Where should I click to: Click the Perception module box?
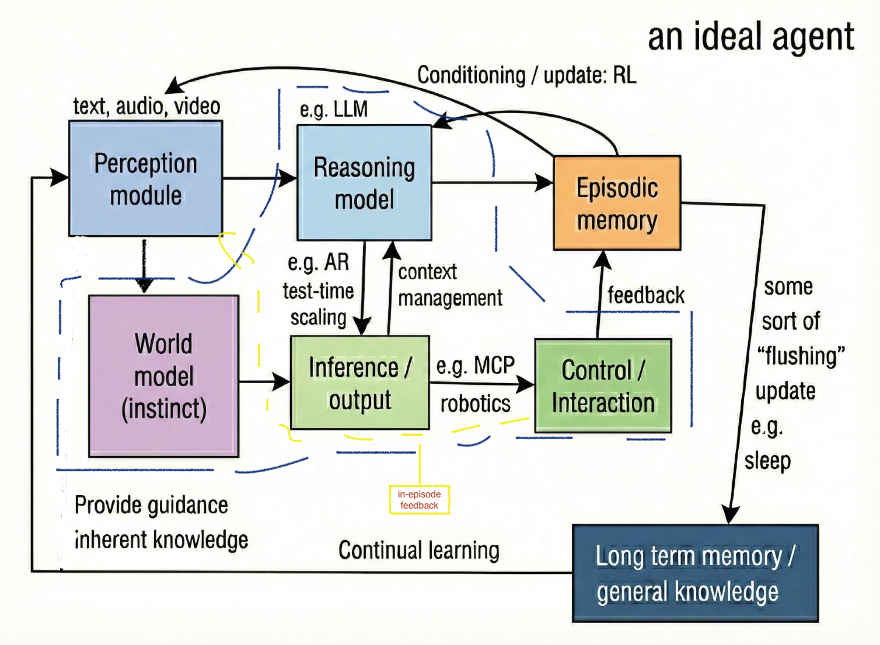click(145, 178)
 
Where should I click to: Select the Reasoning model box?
click(364, 183)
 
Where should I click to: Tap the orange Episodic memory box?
click(617, 203)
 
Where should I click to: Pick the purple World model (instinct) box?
click(163, 376)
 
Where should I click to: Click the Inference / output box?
click(359, 383)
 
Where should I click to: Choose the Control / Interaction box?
click(603, 386)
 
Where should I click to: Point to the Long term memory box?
click(694, 573)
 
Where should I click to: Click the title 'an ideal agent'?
click(750, 36)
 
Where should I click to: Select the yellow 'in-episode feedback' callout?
click(419, 500)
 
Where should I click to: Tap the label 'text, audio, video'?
click(146, 106)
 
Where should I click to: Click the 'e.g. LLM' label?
click(334, 109)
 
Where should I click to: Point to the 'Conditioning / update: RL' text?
click(526, 75)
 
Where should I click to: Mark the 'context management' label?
click(449, 285)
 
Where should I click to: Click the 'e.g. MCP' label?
click(475, 366)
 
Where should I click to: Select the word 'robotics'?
click(475, 404)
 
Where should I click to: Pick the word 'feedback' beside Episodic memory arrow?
click(645, 295)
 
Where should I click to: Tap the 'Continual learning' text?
click(418, 550)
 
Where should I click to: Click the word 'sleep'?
click(767, 461)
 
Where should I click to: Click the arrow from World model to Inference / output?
click(264, 382)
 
